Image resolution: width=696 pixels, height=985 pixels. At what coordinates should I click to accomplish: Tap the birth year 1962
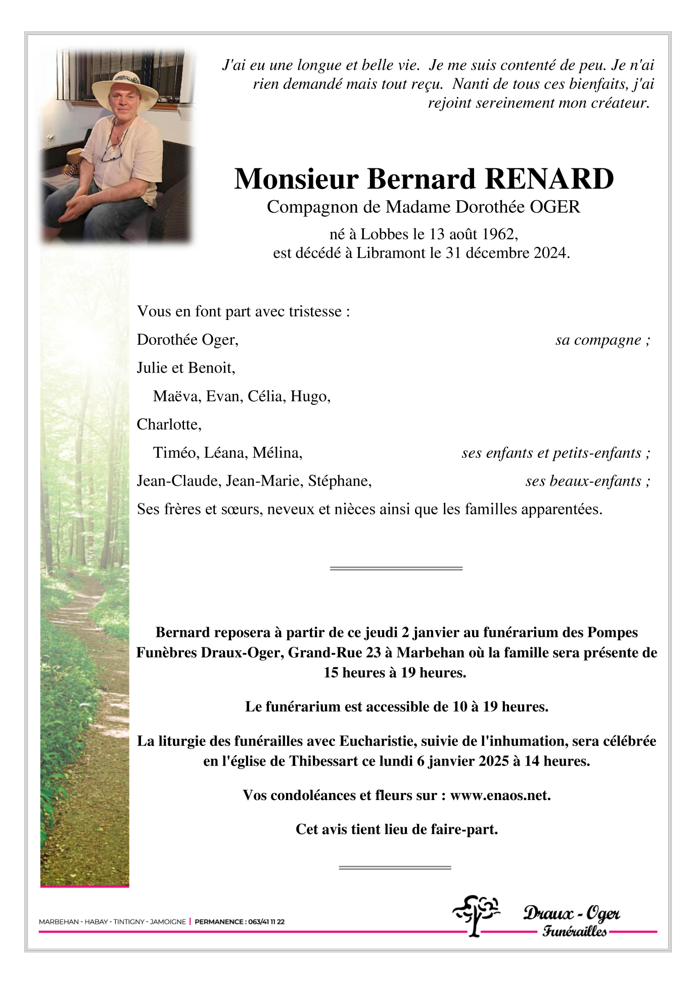point(498,234)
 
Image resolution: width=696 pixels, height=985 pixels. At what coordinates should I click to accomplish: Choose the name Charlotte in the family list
point(168,425)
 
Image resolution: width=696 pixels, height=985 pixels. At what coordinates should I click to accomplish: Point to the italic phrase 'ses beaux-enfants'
point(583,481)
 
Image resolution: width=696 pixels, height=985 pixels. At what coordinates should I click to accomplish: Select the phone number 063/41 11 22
point(266,922)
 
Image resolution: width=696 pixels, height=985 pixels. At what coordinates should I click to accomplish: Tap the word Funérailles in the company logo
point(574,931)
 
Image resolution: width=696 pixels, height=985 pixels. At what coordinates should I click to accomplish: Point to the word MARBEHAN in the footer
point(59,922)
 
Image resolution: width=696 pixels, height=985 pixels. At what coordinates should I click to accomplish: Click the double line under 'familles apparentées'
point(396,569)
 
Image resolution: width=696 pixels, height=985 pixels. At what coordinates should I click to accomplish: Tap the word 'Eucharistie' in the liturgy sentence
point(378,741)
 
